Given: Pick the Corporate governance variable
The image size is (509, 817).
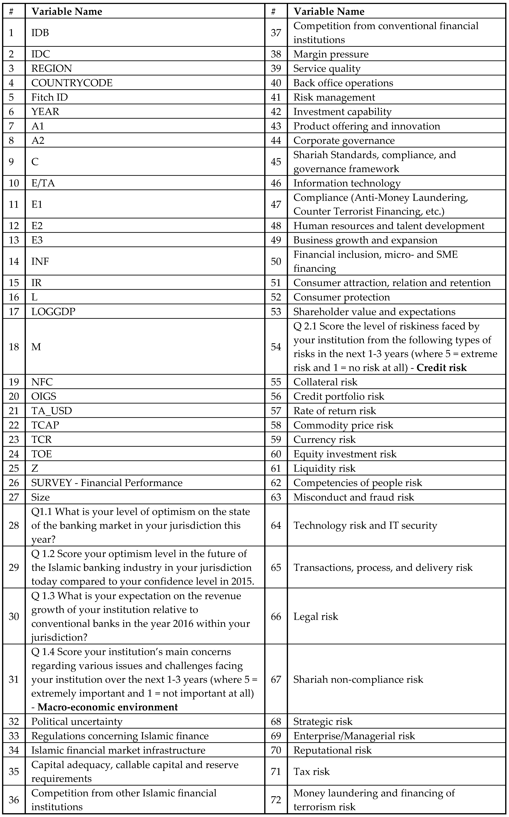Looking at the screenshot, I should [344, 141].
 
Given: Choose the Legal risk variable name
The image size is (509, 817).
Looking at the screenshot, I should [315, 616].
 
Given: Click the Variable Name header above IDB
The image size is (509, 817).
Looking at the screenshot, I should [67, 11].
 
